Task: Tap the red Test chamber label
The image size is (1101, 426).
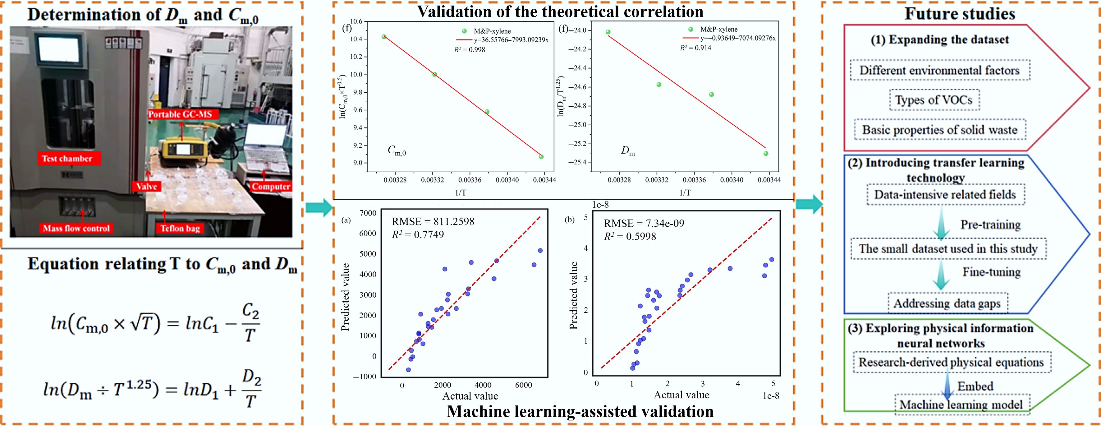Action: [x=69, y=159]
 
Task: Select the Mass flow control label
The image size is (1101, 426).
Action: [x=76, y=229]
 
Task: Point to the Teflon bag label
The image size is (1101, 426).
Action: [x=180, y=229]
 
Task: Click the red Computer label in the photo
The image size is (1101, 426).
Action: [x=271, y=187]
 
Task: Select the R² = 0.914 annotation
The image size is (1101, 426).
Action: [x=695, y=48]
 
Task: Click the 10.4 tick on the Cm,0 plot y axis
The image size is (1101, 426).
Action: [x=356, y=39]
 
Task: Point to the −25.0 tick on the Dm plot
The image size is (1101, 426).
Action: [x=577, y=124]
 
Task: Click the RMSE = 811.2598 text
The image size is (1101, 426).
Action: [x=433, y=222]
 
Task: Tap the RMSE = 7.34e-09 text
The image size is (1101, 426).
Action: [x=644, y=223]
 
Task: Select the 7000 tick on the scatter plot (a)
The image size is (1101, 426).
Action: [x=368, y=213]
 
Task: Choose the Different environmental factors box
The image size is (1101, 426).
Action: [x=939, y=70]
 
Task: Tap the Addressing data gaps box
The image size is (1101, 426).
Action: [x=947, y=303]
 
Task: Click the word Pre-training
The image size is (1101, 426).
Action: [x=990, y=225]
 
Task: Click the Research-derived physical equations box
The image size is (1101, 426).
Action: [x=952, y=362]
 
